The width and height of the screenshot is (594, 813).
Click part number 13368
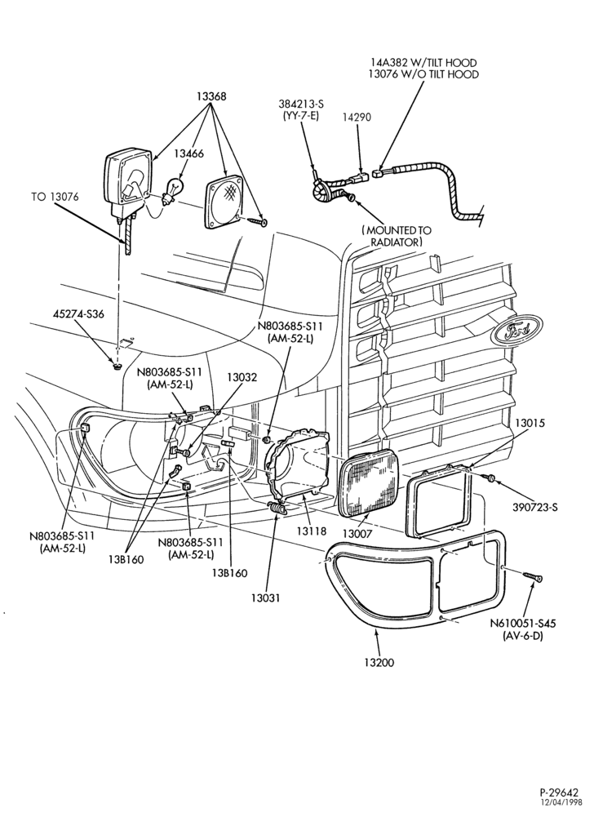(x=211, y=96)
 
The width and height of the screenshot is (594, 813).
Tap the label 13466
(x=188, y=153)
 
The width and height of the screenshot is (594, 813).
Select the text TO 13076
(x=55, y=197)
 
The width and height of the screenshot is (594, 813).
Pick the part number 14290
(x=357, y=118)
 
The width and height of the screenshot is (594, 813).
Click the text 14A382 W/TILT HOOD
(x=423, y=63)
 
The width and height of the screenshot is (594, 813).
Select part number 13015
(x=530, y=423)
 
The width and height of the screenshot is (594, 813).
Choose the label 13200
(x=379, y=662)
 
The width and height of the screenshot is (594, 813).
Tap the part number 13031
(x=266, y=598)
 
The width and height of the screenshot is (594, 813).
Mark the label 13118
(x=311, y=531)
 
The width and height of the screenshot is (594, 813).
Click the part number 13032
(x=242, y=377)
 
